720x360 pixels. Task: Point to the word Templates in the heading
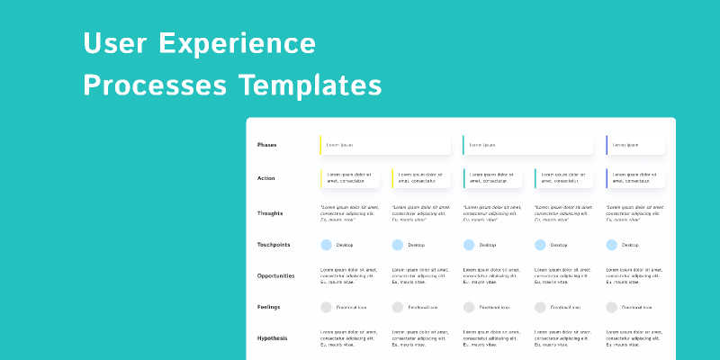pos(310,85)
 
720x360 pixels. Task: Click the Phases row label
pos(266,145)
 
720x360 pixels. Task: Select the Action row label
pos(265,177)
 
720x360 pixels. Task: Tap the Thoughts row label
pos(269,213)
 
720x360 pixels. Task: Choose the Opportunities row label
pos(275,275)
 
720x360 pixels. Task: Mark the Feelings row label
pos(268,307)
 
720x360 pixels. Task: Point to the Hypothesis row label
pos(272,338)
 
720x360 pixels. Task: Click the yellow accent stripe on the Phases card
pos(320,145)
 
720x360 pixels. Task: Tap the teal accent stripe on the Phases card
pos(463,145)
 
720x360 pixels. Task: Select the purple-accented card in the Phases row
pos(635,145)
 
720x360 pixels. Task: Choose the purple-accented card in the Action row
pos(635,177)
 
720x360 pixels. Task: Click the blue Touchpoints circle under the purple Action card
pos(612,245)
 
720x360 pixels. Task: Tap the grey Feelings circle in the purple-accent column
pos(612,307)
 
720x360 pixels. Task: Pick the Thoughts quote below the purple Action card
pos(635,213)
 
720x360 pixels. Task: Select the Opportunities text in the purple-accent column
pos(635,275)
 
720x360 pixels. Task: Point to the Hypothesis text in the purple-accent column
pos(635,338)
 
